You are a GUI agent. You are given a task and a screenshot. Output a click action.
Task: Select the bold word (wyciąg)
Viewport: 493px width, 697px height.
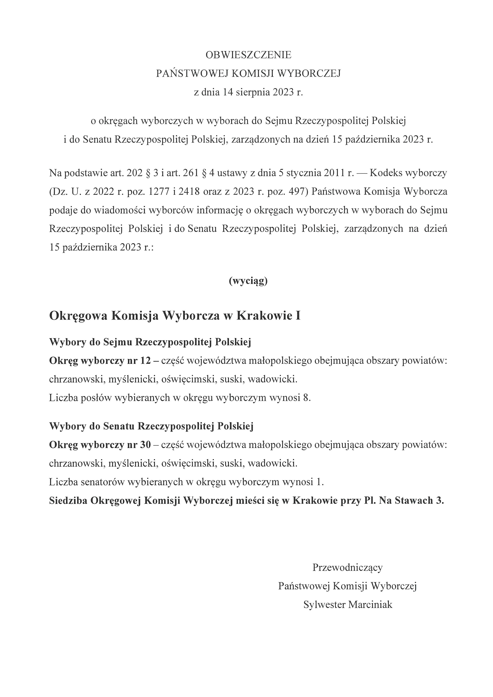point(248,281)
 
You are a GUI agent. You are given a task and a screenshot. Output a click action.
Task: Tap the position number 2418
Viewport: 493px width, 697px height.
point(189,192)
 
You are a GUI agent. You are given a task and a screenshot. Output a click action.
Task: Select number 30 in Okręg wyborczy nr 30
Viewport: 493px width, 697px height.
point(145,445)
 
